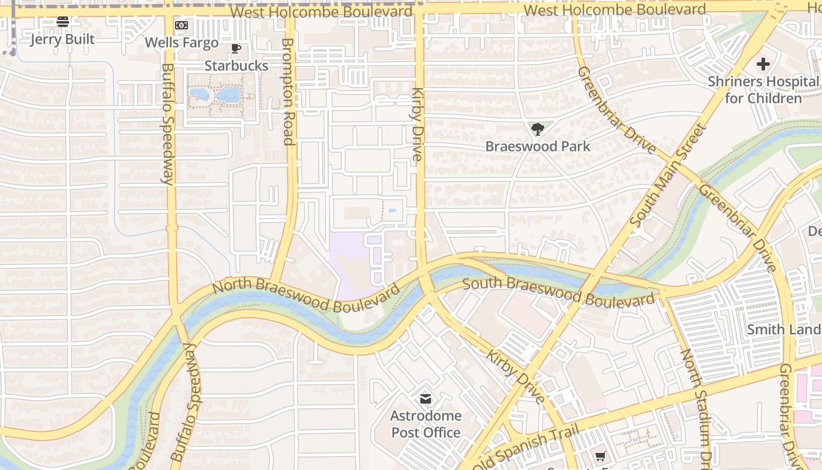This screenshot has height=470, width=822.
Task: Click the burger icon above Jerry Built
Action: pyautogui.click(x=63, y=22)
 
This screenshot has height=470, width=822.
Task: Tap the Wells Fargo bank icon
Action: pyautogui.click(x=181, y=25)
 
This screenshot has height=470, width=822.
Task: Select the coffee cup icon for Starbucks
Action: pyautogui.click(x=236, y=49)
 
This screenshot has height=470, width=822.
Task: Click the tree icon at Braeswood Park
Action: pyautogui.click(x=537, y=129)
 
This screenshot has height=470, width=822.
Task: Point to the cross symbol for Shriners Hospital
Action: pyautogui.click(x=763, y=64)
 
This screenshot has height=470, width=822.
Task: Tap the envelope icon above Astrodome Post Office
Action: pyautogui.click(x=426, y=399)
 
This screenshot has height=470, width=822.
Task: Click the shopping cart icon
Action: pyautogui.click(x=600, y=456)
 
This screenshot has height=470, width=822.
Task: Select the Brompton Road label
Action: pyautogui.click(x=288, y=91)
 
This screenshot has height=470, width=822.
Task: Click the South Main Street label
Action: pyautogui.click(x=667, y=175)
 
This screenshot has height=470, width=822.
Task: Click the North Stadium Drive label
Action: pyautogui.click(x=696, y=405)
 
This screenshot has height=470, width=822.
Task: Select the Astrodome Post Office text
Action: pyautogui.click(x=426, y=424)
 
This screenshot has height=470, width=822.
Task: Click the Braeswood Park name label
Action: pyautogui.click(x=537, y=146)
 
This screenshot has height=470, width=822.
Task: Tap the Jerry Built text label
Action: pyautogui.click(x=62, y=39)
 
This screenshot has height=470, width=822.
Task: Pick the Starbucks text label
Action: pyautogui.click(x=236, y=66)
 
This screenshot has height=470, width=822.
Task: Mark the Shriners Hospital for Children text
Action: pyautogui.click(x=763, y=90)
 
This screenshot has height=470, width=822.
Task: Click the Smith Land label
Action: pyautogui.click(x=783, y=330)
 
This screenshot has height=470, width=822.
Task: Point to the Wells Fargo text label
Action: pyautogui.click(x=181, y=43)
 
